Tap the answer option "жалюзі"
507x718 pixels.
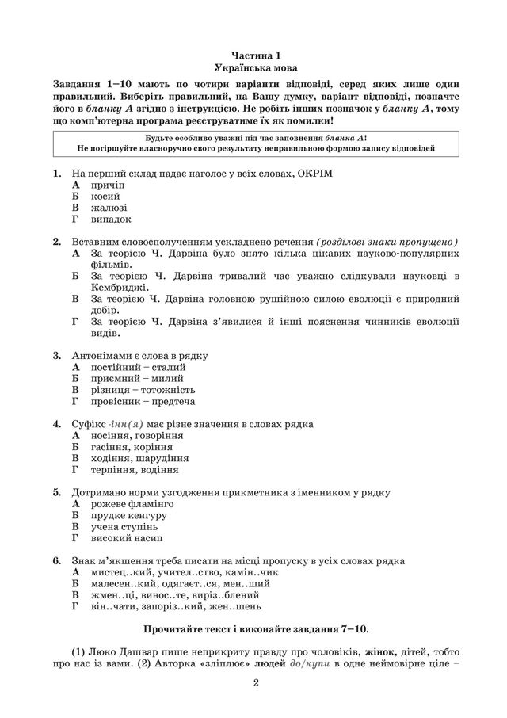click(x=109, y=207)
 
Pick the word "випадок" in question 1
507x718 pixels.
click(x=111, y=219)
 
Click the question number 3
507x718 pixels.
click(x=57, y=356)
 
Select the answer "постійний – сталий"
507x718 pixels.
click(x=139, y=368)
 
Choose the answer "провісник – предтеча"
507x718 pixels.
click(x=145, y=401)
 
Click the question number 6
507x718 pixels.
click(x=57, y=560)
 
